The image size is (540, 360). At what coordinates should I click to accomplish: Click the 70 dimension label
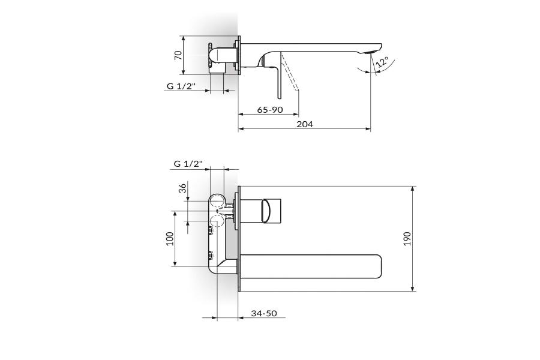pos(178,55)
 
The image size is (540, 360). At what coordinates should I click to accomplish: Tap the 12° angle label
pos(382,62)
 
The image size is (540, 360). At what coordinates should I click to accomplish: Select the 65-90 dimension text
pos(270,110)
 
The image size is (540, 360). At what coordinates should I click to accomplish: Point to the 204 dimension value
pos(305,124)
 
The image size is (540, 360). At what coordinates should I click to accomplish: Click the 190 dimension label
pos(407,238)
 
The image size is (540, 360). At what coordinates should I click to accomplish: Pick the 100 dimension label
pos(170,238)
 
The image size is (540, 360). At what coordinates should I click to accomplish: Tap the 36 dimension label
pos(182,188)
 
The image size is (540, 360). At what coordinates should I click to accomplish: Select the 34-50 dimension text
pos(264,313)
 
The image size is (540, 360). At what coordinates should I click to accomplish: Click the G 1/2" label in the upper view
pos(181,86)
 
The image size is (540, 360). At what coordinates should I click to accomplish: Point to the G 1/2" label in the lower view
pos(188,164)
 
